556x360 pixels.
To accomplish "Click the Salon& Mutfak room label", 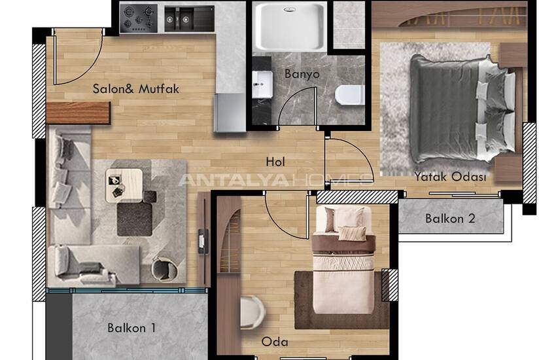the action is [136, 88].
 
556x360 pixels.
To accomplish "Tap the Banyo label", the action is [302, 74].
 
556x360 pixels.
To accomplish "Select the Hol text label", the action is [275, 162].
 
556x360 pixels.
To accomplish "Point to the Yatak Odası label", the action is [450, 176].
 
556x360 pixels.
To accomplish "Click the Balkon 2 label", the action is [450, 219].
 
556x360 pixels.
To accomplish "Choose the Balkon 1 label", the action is [131, 328].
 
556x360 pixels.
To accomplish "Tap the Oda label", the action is [275, 342].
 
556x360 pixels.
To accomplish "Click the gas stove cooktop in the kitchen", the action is [139, 18].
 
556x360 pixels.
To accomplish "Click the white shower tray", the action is [290, 27].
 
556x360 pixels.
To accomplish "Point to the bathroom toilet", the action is [350, 95].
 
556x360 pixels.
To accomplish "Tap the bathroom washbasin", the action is [262, 84].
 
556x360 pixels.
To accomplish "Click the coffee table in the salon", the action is [124, 185].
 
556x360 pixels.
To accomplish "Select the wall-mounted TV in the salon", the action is [203, 241].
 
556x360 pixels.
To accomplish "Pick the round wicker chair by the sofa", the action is [164, 270].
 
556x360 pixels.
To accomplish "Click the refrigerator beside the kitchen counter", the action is [230, 113].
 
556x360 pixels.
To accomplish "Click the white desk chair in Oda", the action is [252, 312].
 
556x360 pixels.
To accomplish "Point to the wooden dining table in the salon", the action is [78, 113].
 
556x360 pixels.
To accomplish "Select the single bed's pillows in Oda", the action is [345, 223].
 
